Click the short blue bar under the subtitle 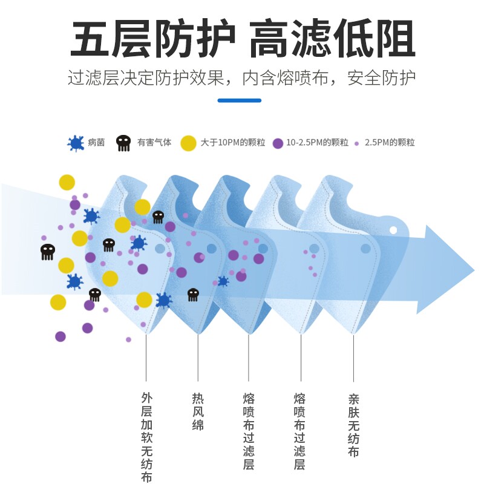pyautogui.click(x=240, y=100)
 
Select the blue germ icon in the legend pyautogui.click(x=76, y=143)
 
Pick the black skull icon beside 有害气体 pyautogui.click(x=123, y=143)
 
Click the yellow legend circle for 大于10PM pyautogui.click(x=189, y=143)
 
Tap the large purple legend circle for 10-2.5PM pyautogui.click(x=278, y=143)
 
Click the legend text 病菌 pyautogui.click(x=96, y=143)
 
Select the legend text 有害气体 pyautogui.click(x=154, y=143)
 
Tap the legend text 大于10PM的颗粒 pyautogui.click(x=232, y=143)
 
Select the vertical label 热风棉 pyautogui.click(x=198, y=411)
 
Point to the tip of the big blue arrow pyautogui.click(x=473, y=269)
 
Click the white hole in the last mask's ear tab pyautogui.click(x=393, y=231)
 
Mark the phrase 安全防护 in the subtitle pyautogui.click(x=381, y=79)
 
